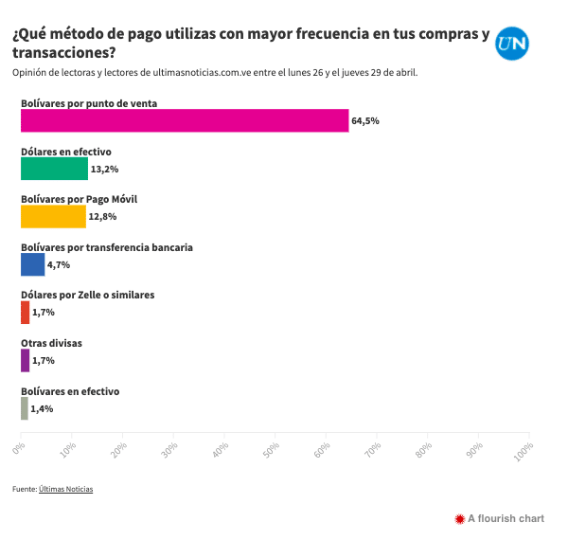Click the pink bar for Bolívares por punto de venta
[x=185, y=120]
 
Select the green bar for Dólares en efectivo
[x=54, y=169]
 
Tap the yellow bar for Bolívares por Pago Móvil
[x=53, y=217]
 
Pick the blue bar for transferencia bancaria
[x=32, y=264]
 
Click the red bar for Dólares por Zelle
[x=25, y=313]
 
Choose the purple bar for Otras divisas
[x=25, y=361]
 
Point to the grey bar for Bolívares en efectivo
[x=25, y=408]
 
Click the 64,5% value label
[x=364, y=121]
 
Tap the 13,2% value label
[x=103, y=170]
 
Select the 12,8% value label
[x=101, y=218]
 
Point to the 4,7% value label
[x=59, y=265]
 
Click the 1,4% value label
[x=42, y=409]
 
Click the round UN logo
[x=512, y=44]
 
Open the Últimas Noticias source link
[x=66, y=489]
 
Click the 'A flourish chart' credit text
[x=506, y=518]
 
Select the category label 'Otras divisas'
[x=51, y=343]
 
